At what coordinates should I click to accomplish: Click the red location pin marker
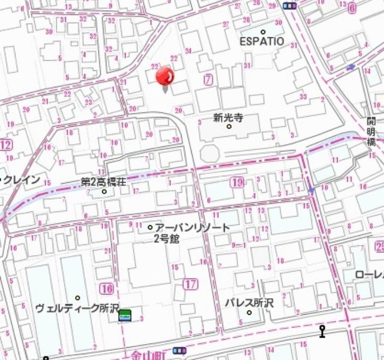point(165,78)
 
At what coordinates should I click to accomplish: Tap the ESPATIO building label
point(262,41)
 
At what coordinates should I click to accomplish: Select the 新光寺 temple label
point(228,118)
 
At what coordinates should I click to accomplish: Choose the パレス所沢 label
point(248,302)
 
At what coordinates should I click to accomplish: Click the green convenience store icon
point(125,315)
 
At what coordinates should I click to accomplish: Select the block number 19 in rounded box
point(238,183)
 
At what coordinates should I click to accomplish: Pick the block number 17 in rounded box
point(190,284)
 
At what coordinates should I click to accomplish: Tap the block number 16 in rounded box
point(107,289)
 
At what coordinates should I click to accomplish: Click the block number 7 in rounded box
point(208,80)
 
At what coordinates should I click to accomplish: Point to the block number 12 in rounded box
point(6,145)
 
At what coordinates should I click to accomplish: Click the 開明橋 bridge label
point(371,131)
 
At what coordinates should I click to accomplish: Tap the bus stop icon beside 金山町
point(180,350)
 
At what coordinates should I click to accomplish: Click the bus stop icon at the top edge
point(289,5)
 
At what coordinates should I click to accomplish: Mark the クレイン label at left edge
point(21,180)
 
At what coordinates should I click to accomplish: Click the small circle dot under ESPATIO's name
point(263,32)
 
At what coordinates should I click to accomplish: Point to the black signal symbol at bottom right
point(322,331)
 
